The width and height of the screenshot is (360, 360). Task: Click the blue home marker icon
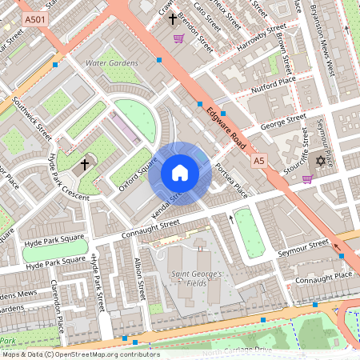(x=180, y=173)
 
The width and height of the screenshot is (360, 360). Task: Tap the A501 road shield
(x=34, y=18)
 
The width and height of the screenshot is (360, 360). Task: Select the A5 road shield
(x=258, y=161)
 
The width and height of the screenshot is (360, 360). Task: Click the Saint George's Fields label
(x=196, y=278)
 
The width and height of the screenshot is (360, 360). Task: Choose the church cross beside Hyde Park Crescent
(x=85, y=165)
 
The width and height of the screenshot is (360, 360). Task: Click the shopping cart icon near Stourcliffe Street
(x=307, y=178)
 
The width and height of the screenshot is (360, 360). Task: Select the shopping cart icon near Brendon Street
(x=179, y=38)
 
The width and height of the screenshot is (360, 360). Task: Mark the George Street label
(x=283, y=122)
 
